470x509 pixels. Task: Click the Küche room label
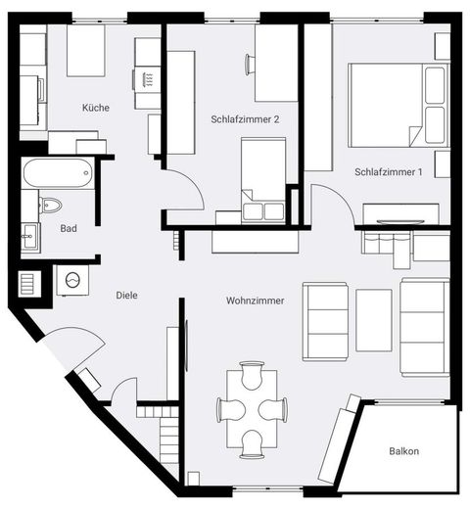pyautogui.click(x=96, y=108)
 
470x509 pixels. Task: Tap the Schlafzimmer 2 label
pyautogui.click(x=245, y=119)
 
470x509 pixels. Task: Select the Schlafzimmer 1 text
pyautogui.click(x=389, y=172)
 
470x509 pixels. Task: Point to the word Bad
pyautogui.click(x=69, y=228)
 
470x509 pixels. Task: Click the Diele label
pyautogui.click(x=126, y=296)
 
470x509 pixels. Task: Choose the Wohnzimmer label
pyautogui.click(x=256, y=301)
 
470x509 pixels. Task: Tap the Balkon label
pyautogui.click(x=404, y=451)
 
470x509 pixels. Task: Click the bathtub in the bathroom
pyautogui.click(x=58, y=173)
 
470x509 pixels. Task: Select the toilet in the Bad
pyautogui.click(x=50, y=206)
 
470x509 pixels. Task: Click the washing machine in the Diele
pyautogui.click(x=72, y=280)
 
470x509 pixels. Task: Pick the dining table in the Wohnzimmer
pyautogui.click(x=252, y=409)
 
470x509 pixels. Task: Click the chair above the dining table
pyautogui.click(x=252, y=375)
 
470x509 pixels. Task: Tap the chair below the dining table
pyautogui.click(x=252, y=444)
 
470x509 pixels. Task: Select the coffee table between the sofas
pyautogui.click(x=374, y=320)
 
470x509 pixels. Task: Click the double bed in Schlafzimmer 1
pyautogui.click(x=399, y=105)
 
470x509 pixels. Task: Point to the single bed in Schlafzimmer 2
pyautogui.click(x=263, y=180)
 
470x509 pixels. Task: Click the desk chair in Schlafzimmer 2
pyautogui.click(x=251, y=65)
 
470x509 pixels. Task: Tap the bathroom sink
pyautogui.click(x=30, y=235)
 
